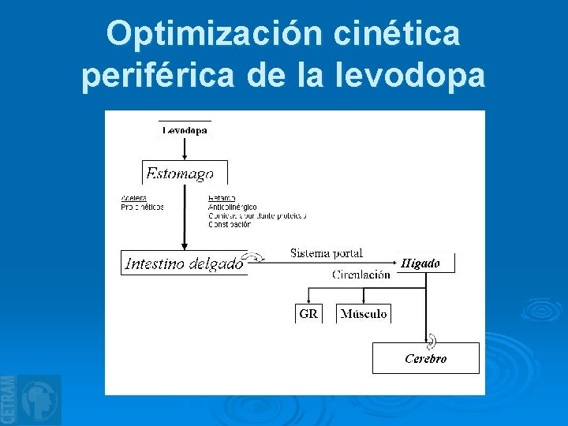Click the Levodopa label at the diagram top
pos(185,130)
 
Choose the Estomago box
pos(185,173)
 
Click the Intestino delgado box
pos(184,263)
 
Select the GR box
pos(308,313)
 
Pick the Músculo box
pos(364,313)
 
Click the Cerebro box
pos(426,358)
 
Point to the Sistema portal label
pos(327,253)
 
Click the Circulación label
pos(361,275)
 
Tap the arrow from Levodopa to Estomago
pos(185,148)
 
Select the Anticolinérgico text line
pos(232,207)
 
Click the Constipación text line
pos(230,224)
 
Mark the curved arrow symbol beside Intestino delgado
pos(256,256)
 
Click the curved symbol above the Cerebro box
pos(432,341)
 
